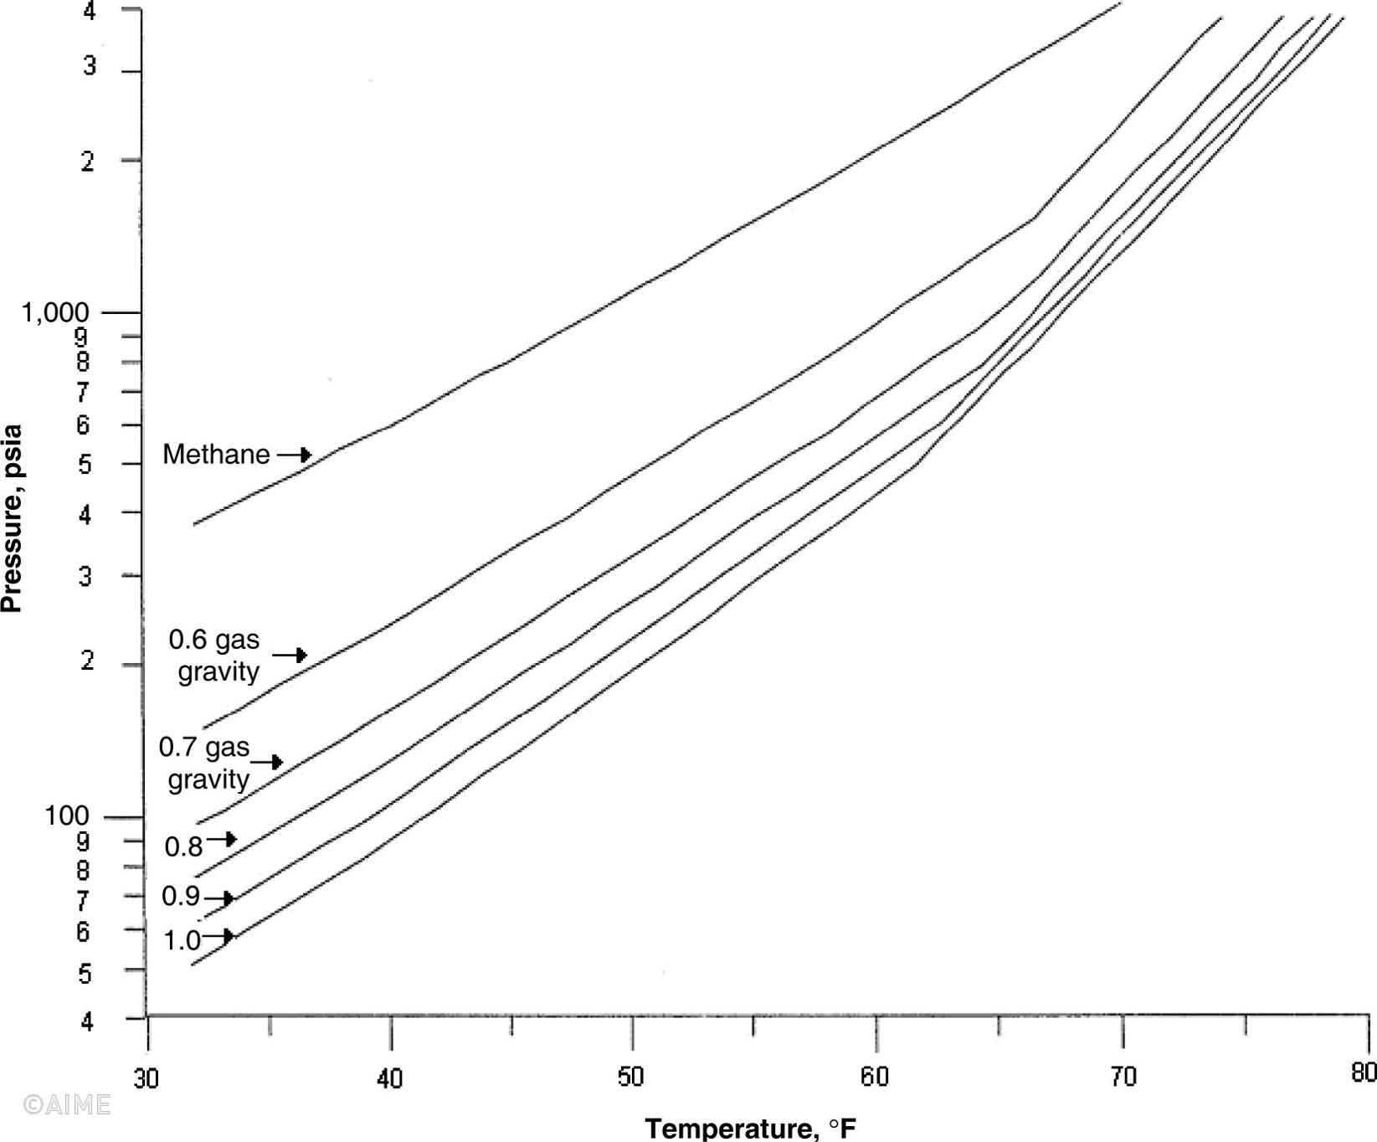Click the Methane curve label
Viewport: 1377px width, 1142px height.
point(216,455)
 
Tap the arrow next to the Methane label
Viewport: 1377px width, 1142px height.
point(295,455)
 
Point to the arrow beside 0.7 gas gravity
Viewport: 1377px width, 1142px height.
point(267,762)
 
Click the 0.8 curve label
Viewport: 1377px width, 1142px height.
point(183,847)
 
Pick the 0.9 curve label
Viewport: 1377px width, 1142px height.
point(181,897)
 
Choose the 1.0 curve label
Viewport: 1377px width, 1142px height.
point(182,941)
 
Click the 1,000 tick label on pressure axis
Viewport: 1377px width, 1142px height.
point(55,313)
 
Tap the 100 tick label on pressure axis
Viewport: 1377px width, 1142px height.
point(66,815)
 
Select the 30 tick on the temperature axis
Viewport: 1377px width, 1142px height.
point(146,1078)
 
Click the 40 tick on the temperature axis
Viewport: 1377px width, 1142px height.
point(389,1078)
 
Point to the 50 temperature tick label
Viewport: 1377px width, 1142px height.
point(630,1077)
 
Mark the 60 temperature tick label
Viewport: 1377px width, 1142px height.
point(874,1077)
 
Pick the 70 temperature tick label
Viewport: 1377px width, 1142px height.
point(1123,1077)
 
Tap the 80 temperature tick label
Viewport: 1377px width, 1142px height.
point(1364,1073)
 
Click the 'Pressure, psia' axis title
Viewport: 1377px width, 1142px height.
point(12,519)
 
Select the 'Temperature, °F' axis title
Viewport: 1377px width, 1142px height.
point(751,1128)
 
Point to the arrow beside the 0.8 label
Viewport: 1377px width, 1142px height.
point(223,839)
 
